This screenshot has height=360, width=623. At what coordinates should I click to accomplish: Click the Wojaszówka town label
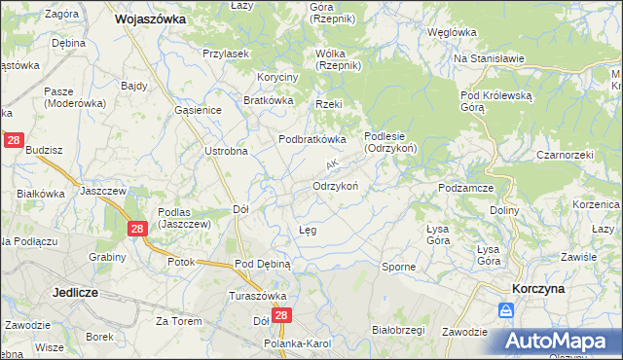[x=150, y=18]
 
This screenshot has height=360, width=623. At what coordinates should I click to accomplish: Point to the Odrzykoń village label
[x=337, y=186]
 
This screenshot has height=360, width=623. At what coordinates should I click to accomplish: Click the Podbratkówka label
[x=312, y=139]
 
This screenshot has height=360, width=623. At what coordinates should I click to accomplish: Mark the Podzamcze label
[x=468, y=188]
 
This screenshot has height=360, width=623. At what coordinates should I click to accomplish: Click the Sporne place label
[x=398, y=266]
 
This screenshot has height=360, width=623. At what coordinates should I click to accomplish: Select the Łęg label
[x=306, y=230]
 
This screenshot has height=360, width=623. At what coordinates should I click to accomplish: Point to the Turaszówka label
[x=255, y=296]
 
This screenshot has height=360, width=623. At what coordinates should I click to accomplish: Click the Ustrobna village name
[x=227, y=151]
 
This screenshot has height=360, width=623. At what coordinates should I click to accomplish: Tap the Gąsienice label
[x=199, y=110]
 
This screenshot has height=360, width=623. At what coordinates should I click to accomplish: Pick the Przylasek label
[x=228, y=54]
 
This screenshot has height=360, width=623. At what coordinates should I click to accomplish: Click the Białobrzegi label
[x=399, y=330]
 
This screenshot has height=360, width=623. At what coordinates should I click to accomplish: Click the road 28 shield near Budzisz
[x=14, y=140]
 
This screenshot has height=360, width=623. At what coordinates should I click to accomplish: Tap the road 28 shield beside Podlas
[x=137, y=229]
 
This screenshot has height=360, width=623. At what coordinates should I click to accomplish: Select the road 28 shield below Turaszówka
[x=282, y=316]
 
